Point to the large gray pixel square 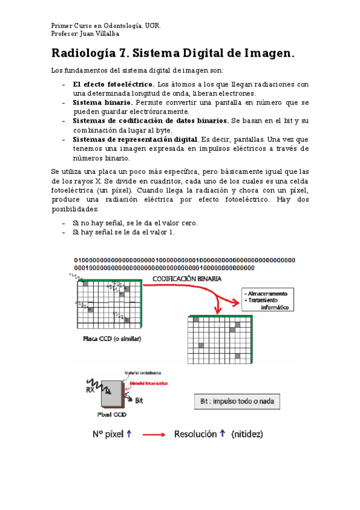click(112, 395)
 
